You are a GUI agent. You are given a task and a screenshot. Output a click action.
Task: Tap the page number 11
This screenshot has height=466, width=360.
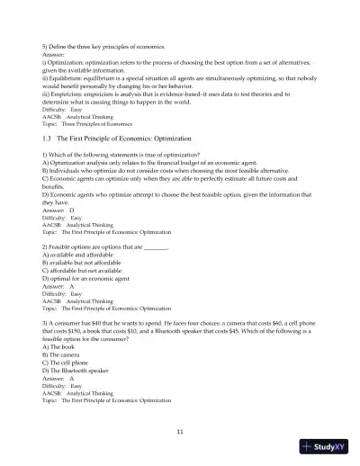click(180, 433)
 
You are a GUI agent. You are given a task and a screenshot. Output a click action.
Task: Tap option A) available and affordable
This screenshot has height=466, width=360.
click(76, 253)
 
